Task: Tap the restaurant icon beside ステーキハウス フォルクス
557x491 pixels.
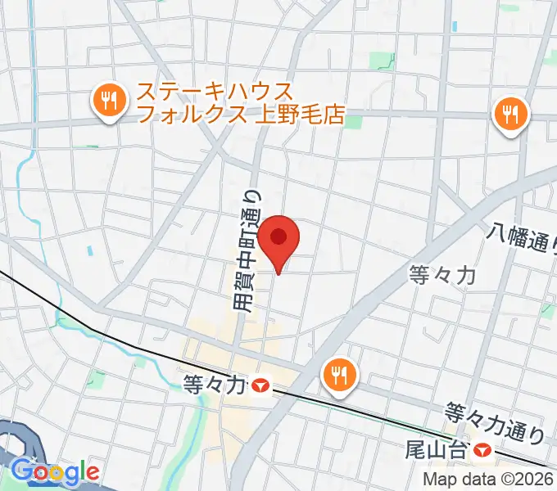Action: pos(107,102)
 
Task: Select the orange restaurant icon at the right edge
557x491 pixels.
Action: pos(509,114)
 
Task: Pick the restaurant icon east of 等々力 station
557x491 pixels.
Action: pos(338,376)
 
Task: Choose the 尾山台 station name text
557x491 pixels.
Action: pos(438,449)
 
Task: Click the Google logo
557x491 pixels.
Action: pos(55,472)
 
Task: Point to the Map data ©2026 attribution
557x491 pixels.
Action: pos(488,480)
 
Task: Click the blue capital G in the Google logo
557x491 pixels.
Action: pos(21,471)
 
